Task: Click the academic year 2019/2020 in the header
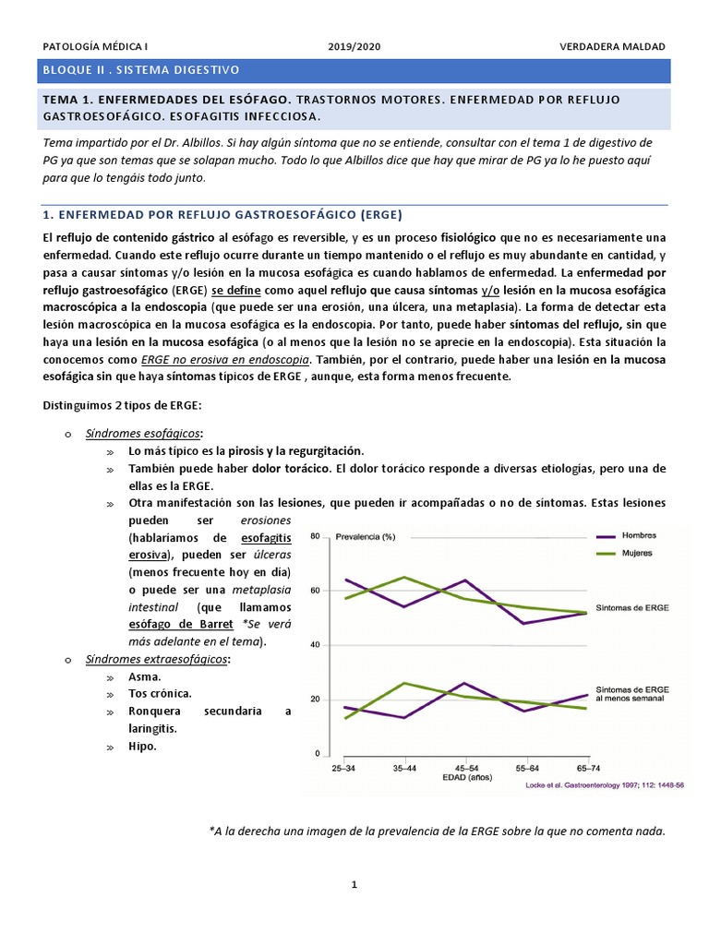(x=354, y=47)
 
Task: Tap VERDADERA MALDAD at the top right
(x=611, y=47)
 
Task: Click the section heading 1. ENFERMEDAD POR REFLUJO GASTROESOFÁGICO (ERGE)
(x=222, y=214)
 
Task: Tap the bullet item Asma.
(x=145, y=676)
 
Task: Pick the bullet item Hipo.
(x=143, y=746)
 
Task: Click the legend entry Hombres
(x=640, y=535)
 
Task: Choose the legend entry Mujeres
(x=637, y=553)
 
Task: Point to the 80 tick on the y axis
(x=315, y=536)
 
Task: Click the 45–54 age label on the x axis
(x=466, y=768)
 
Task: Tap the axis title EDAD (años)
(x=466, y=778)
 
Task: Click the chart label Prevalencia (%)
(x=367, y=536)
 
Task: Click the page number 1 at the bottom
(x=354, y=884)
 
